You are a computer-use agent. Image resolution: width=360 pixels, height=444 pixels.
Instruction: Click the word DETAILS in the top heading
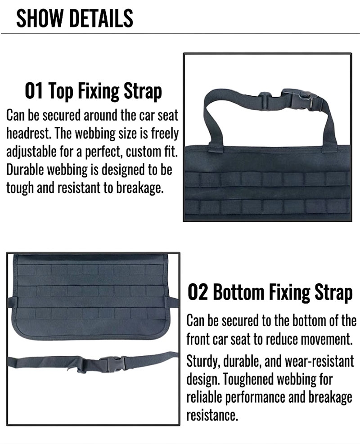point(101,18)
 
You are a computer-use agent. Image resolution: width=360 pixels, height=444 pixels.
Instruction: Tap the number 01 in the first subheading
point(34,91)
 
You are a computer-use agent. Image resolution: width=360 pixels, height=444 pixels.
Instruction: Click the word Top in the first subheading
point(60,91)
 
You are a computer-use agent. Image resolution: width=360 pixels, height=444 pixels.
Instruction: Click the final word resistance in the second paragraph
point(211,415)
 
